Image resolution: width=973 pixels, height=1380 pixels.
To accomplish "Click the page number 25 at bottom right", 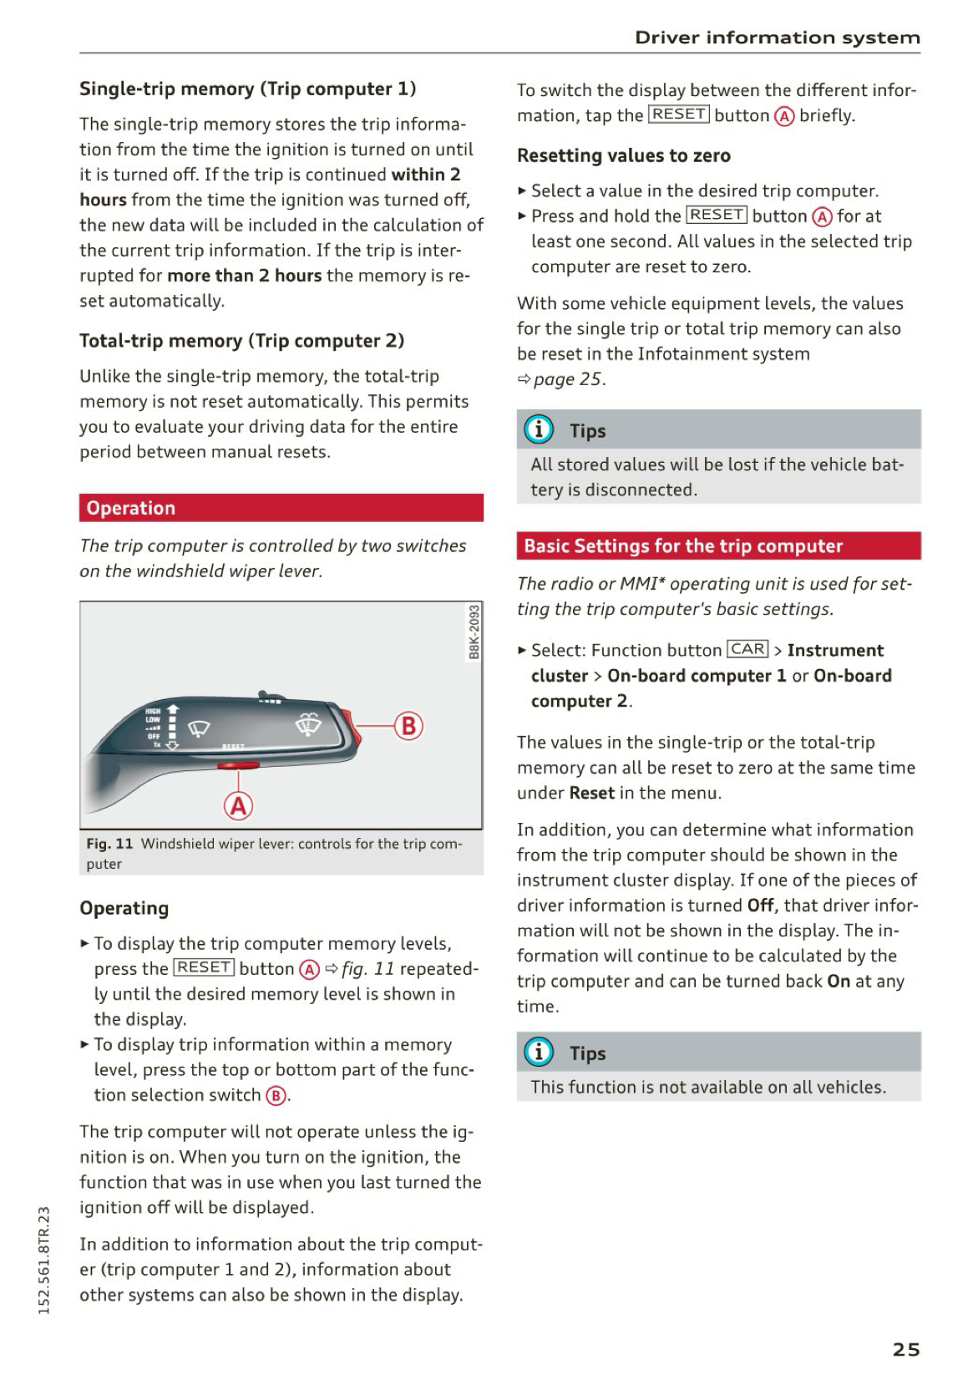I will point(906,1349).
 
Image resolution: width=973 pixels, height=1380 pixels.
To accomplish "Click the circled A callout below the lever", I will point(239,805).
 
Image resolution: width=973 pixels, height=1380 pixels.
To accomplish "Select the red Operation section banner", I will point(281,508).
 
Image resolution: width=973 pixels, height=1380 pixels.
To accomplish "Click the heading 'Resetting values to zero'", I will point(623,155).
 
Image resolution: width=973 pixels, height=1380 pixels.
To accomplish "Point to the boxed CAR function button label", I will point(747,649).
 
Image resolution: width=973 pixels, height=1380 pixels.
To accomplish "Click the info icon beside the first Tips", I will point(539,429).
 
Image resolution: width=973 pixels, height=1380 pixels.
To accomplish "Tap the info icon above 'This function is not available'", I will point(539,1052).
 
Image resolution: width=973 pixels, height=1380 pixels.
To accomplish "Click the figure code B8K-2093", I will point(474,632).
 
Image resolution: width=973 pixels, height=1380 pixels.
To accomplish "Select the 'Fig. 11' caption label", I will point(109,844).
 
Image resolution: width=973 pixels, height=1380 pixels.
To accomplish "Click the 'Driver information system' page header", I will point(777,38).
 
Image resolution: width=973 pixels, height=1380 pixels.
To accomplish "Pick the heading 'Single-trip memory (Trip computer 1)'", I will point(247,89).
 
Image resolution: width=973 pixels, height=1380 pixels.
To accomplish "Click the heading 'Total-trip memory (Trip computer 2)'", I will point(241,341).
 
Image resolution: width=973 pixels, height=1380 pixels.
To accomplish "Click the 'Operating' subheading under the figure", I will point(124,908).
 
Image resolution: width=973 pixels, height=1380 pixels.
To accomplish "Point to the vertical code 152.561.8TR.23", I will point(45,1259).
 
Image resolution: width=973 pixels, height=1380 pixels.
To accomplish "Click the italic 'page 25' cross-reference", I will point(567,379).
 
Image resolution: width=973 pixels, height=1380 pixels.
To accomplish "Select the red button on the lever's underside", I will point(238,764).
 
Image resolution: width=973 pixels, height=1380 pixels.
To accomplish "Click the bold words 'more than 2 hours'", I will point(244,276).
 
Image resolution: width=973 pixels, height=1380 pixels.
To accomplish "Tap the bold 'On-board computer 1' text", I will point(697,676).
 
